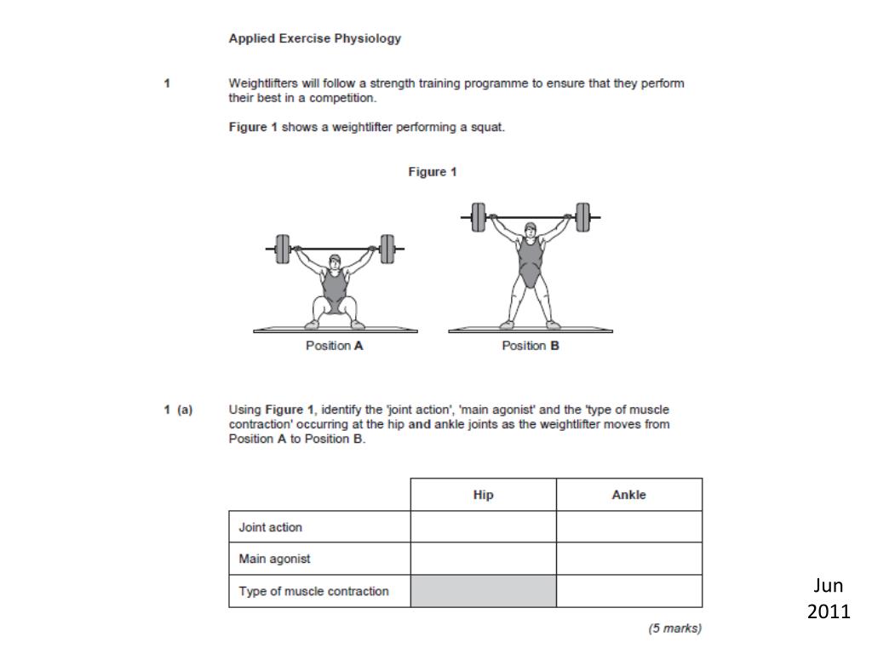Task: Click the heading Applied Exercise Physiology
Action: pyautogui.click(x=314, y=38)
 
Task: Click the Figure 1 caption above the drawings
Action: pyautogui.click(x=432, y=172)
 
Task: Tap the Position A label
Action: pyautogui.click(x=334, y=346)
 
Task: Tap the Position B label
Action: pyautogui.click(x=530, y=346)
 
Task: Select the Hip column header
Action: pyautogui.click(x=483, y=495)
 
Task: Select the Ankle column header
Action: pyautogui.click(x=628, y=495)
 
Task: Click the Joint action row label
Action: pyautogui.click(x=270, y=527)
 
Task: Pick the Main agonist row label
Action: pyautogui.click(x=274, y=559)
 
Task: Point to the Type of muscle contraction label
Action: pyautogui.click(x=313, y=591)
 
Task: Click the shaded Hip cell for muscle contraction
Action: pyautogui.click(x=483, y=591)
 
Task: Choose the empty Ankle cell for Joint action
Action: pyautogui.click(x=628, y=527)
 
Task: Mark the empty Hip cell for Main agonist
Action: pyautogui.click(x=483, y=559)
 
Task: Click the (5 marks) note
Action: pyautogui.click(x=674, y=628)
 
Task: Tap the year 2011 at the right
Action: pyautogui.click(x=828, y=611)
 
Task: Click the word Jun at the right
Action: pyautogui.click(x=828, y=585)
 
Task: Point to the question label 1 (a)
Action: pyautogui.click(x=178, y=410)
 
